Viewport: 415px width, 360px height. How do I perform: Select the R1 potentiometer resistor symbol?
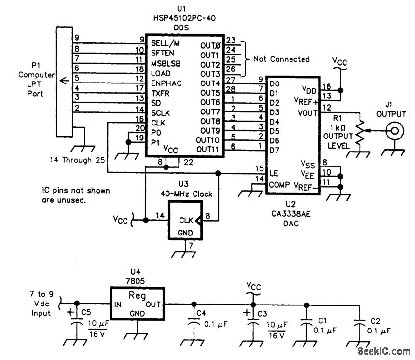click(x=359, y=131)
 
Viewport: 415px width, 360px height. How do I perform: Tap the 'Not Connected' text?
click(x=281, y=59)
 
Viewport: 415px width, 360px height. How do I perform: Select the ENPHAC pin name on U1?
click(x=166, y=83)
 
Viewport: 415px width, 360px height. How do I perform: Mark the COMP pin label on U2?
click(x=279, y=184)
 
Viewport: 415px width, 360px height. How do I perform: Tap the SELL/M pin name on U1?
click(x=166, y=44)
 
